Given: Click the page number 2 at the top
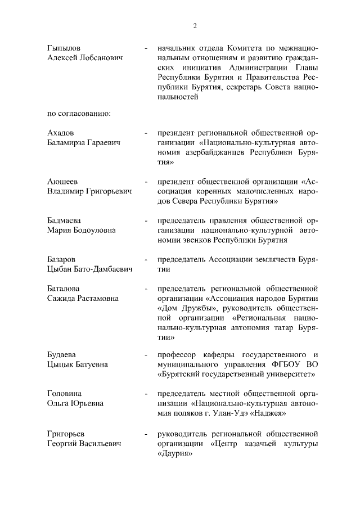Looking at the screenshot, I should [195, 26].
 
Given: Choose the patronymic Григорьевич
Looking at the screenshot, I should [109, 192].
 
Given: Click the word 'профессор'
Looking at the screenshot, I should [178, 354].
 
